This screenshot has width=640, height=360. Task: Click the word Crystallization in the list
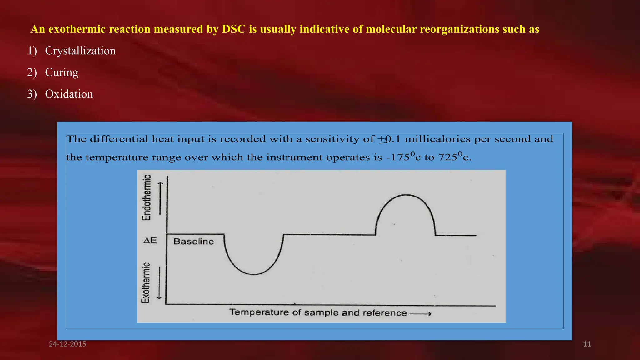pos(80,51)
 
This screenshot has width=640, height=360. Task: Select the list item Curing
pos(62,72)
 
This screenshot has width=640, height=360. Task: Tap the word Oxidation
pos(69,94)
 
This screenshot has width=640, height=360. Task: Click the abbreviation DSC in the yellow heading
pos(234,29)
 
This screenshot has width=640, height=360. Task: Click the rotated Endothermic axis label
pos(147,197)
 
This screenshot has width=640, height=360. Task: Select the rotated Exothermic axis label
pos(146,283)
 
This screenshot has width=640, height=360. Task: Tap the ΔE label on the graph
pos(150,240)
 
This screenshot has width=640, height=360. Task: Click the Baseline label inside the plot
pos(193,242)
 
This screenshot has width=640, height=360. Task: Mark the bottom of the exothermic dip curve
pos(254,274)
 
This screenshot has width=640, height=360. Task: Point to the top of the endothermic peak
pos(406,195)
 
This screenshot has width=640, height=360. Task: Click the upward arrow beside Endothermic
pos(160,198)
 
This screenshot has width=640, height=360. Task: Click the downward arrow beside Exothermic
pos(159,282)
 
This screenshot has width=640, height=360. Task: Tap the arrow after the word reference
pos(421,314)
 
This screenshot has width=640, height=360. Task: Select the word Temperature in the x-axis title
pos(259,312)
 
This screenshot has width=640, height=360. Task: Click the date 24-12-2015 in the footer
pos(67,344)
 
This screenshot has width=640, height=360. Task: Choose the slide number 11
pos(587,344)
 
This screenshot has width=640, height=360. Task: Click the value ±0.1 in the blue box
pos(389,139)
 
